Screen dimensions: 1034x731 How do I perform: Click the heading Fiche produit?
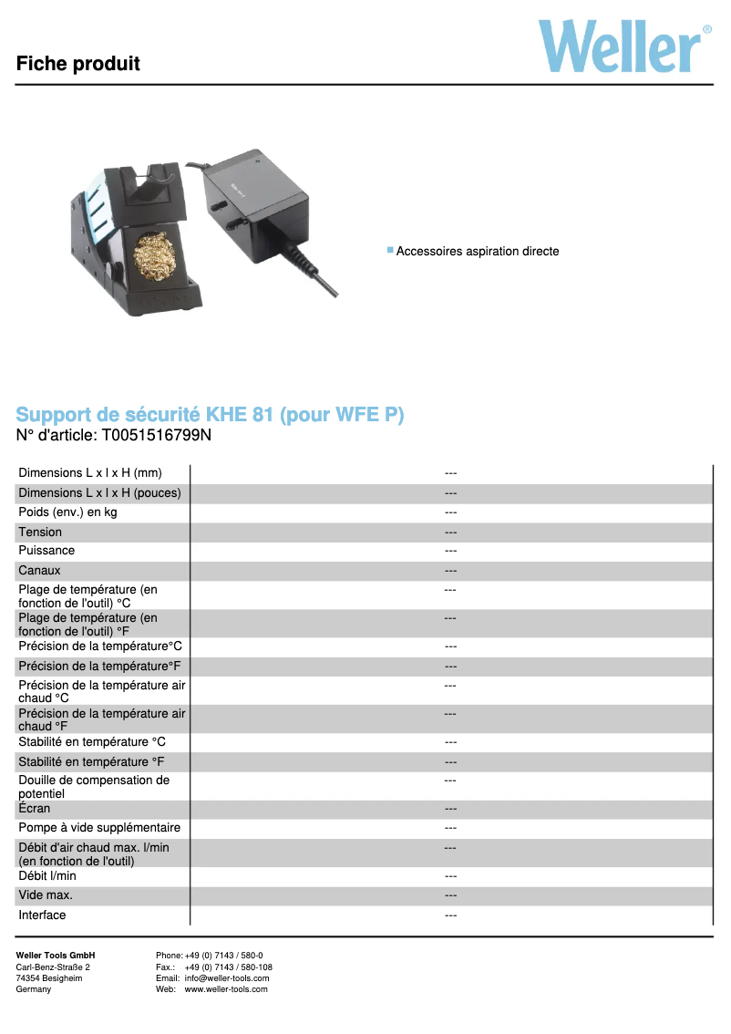(78, 64)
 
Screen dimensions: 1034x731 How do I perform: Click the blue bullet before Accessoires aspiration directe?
(390, 250)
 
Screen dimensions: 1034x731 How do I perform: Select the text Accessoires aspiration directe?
(478, 251)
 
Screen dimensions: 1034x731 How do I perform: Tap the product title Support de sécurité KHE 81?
(210, 415)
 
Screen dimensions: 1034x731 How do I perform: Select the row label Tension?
(40, 532)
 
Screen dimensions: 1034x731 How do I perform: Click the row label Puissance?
(46, 551)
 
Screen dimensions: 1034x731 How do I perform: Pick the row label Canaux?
(39, 571)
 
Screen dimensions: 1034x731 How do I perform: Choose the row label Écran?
(35, 809)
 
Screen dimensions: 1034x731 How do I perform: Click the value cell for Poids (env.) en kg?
(450, 512)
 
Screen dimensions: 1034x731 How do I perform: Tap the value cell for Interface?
(450, 915)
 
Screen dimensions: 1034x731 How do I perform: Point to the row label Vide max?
(46, 895)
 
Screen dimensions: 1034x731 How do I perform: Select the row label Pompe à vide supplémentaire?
(99, 828)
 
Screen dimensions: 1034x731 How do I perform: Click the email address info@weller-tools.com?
(227, 978)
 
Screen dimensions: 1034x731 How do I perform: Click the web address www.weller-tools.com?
(226, 989)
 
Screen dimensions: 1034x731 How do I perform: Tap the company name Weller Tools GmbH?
(56, 956)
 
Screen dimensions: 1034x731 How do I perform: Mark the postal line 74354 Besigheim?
(49, 978)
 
